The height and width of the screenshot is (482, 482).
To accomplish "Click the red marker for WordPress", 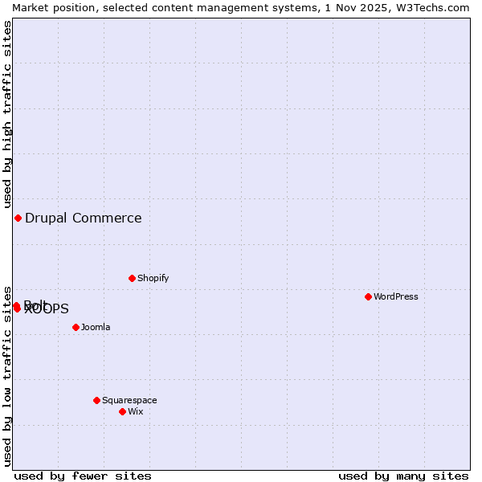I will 368,296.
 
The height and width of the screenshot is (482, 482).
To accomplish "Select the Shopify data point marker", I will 132,278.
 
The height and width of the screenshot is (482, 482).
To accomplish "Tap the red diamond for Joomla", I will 76,327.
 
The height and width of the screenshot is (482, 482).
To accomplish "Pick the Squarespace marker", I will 96,400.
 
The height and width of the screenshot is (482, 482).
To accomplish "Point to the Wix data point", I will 122,411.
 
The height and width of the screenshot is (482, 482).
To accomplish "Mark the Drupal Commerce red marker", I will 18,218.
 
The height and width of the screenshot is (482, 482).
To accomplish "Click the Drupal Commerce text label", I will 84,218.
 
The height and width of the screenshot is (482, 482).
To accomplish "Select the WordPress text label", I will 396,296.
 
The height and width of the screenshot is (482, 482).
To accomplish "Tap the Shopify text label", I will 153,278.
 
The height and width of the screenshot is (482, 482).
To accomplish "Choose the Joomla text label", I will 96,327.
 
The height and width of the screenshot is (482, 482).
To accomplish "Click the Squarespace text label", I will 129,400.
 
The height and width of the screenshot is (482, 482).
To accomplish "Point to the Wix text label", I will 136,411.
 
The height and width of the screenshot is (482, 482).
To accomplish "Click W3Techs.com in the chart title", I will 431,7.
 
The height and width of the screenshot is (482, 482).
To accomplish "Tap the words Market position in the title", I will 53,7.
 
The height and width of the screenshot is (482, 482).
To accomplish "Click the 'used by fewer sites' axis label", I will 83,476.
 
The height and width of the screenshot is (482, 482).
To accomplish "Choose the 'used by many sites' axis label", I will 403,476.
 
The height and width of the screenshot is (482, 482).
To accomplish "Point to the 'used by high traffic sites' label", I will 7,114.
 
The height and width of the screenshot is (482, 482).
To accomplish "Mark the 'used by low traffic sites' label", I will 7,375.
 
